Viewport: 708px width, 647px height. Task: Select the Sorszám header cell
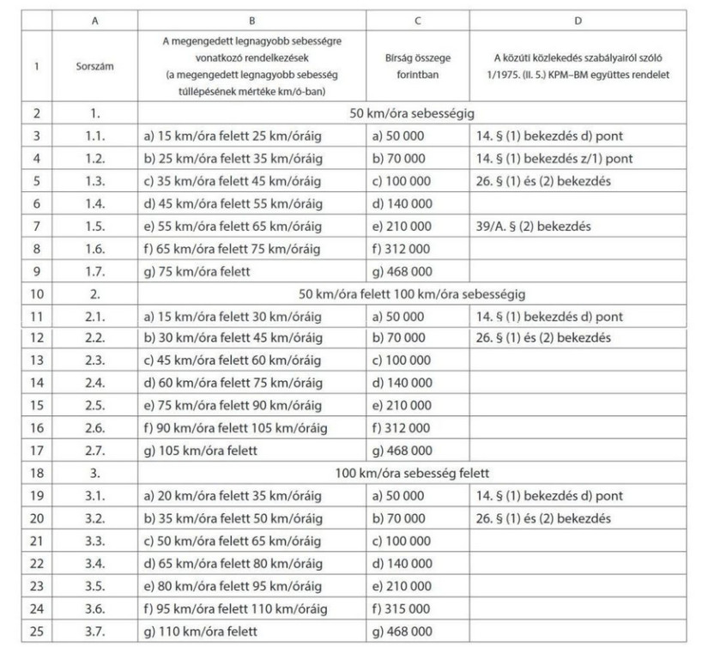93,66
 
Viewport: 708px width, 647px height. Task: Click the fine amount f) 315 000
400,612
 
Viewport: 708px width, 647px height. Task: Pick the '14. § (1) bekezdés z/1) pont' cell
554,159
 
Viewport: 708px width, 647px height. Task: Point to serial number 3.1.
93,496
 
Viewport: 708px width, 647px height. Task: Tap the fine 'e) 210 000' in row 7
400,228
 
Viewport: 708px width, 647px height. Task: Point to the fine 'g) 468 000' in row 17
400,450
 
